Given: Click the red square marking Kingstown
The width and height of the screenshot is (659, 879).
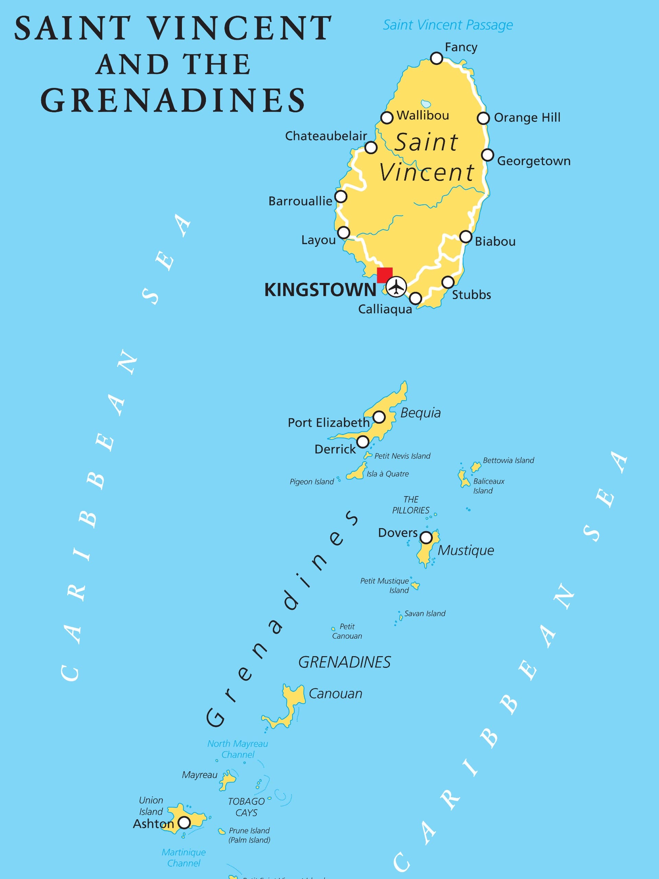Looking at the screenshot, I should (x=384, y=275).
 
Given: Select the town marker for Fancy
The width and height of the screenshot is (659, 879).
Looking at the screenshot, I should (x=437, y=58).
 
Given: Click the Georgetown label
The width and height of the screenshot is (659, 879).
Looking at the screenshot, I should (x=533, y=161).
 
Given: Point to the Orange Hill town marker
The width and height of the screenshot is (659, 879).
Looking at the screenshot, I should (x=483, y=118).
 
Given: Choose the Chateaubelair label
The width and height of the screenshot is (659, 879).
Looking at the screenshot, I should (x=326, y=136).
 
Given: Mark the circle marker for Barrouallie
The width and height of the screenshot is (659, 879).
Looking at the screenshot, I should (x=341, y=196).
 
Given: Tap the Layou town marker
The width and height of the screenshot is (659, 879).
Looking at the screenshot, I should (x=344, y=232).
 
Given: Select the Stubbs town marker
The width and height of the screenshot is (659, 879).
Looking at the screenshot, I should (x=448, y=282).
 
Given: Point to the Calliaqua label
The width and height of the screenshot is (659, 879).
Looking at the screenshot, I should (x=385, y=309).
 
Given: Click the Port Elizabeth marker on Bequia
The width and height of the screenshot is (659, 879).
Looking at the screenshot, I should (x=379, y=417).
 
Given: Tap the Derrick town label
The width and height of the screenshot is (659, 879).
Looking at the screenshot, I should (x=335, y=449).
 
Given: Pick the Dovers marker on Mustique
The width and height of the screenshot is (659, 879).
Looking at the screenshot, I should (x=426, y=537).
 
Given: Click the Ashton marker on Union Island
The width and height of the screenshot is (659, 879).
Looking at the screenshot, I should (x=184, y=822).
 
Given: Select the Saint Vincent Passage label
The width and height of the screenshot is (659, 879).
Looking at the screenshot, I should (x=448, y=25).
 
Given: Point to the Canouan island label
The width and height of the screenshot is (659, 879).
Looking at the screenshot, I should (x=335, y=694).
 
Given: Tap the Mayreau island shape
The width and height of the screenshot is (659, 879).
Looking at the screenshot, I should (x=228, y=780).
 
